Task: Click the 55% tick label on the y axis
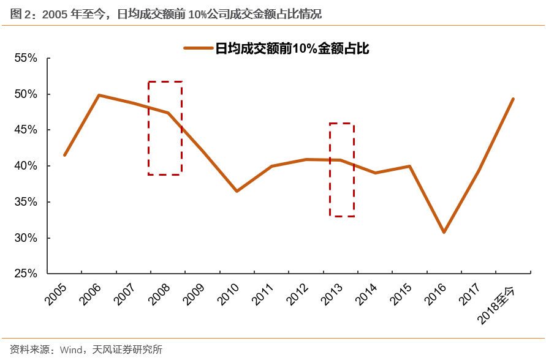click(x=26, y=58)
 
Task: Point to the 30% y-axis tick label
click(x=26, y=238)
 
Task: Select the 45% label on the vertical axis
click(x=26, y=130)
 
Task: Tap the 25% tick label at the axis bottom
click(x=26, y=274)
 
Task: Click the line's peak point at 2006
click(x=99, y=95)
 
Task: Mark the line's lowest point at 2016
click(x=444, y=232)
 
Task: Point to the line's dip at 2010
click(x=237, y=191)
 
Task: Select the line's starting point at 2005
click(x=64, y=155)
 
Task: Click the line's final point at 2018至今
click(x=513, y=99)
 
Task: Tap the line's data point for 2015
click(x=409, y=166)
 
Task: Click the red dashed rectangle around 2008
click(x=165, y=81)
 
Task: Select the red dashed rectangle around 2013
click(x=342, y=124)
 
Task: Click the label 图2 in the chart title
click(x=21, y=13)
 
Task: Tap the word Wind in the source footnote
click(x=72, y=350)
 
